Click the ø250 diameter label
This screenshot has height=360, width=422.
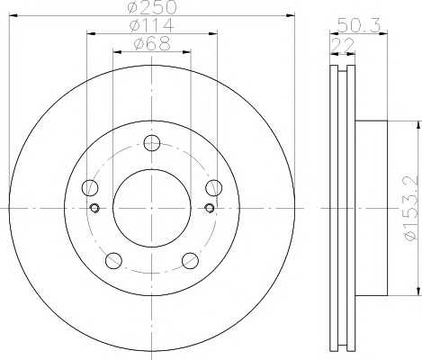[x=152, y=7]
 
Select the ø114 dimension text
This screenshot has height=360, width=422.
[x=152, y=25]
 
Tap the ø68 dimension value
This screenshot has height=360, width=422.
[x=152, y=43]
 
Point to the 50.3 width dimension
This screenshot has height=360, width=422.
[x=359, y=24]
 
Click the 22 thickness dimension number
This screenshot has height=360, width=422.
[x=343, y=46]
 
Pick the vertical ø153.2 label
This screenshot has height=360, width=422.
[x=410, y=208]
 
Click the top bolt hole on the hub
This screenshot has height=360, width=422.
[x=152, y=143]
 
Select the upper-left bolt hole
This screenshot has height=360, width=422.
[x=90, y=188]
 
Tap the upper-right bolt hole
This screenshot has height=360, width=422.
[x=214, y=188]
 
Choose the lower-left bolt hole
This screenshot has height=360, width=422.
[x=113, y=260]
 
